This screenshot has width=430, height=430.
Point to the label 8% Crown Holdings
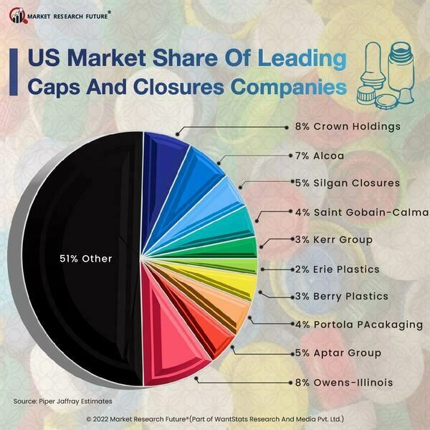348,127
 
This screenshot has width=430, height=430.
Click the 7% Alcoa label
320,156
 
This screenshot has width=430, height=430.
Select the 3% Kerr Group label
334,239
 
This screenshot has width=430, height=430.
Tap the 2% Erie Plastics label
338,269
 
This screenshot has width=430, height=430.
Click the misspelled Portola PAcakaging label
359,325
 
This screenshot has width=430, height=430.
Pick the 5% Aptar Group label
338,353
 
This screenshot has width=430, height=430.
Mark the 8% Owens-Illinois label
344,383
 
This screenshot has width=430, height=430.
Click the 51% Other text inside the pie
86,259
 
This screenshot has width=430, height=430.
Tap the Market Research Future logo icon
18,16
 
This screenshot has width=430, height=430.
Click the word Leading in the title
302,58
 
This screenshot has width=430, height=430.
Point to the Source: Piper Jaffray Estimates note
63,401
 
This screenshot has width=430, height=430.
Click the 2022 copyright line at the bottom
215,419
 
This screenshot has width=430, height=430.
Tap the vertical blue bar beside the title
14,72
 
